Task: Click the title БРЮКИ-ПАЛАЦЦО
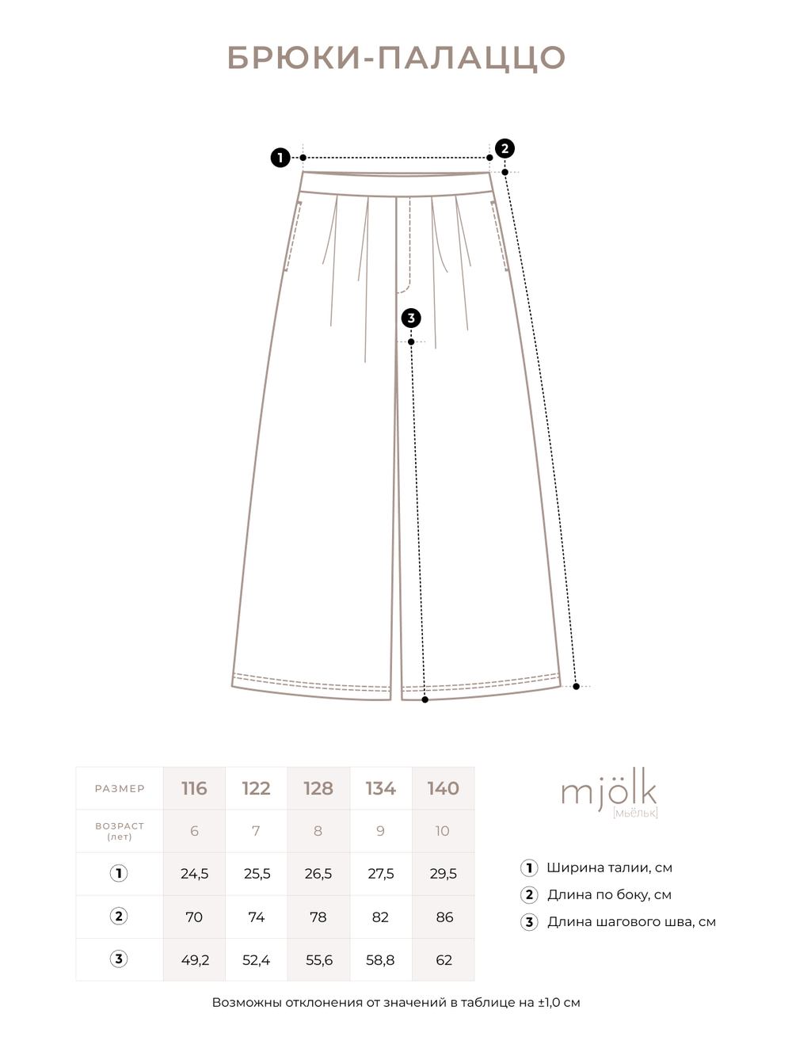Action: [396, 58]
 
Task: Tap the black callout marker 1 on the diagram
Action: [280, 158]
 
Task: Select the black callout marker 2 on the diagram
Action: [505, 149]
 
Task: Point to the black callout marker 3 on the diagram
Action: [411, 318]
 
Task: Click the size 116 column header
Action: [194, 788]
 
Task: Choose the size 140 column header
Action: [444, 788]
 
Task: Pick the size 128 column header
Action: [318, 788]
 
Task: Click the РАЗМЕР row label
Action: [120, 788]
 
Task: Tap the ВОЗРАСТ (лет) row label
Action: [120, 831]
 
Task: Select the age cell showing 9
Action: [380, 831]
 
